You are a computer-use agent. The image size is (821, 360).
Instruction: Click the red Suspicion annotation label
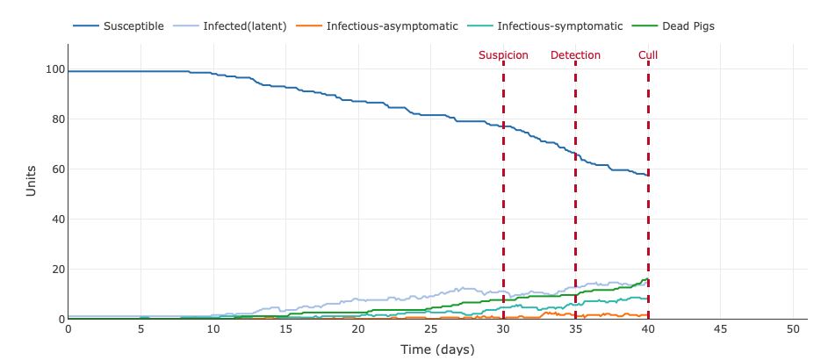click(503, 55)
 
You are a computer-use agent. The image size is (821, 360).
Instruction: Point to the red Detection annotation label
click(575, 55)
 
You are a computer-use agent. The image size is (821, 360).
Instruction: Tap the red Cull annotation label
click(648, 55)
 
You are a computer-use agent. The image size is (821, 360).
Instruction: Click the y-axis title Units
click(32, 181)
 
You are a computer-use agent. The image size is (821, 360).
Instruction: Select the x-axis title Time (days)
click(437, 349)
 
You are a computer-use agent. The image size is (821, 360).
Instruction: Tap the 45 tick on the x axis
click(720, 329)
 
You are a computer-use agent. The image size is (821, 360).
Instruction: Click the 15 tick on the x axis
click(285, 329)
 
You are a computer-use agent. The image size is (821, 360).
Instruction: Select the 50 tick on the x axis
click(793, 329)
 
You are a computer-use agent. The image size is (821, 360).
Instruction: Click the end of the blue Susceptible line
click(647, 175)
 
